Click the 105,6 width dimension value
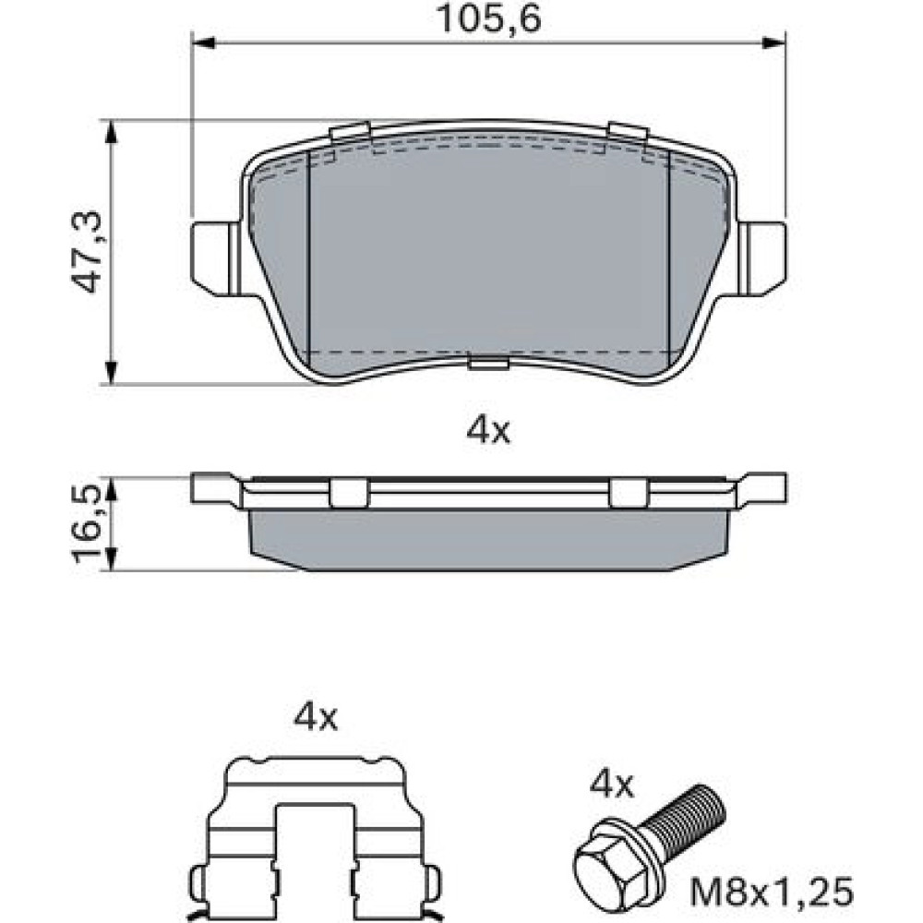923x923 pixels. pyautogui.click(x=488, y=19)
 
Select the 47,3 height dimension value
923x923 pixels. pyautogui.click(x=87, y=252)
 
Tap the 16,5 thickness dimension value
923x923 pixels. pyautogui.click(x=87, y=524)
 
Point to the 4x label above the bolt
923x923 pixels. pyautogui.click(x=612, y=785)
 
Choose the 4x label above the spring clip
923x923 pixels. pyautogui.click(x=316, y=718)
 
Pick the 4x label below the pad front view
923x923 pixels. pyautogui.click(x=488, y=431)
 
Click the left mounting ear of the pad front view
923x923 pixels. pyautogui.click(x=215, y=258)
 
